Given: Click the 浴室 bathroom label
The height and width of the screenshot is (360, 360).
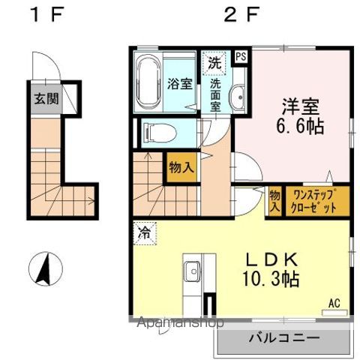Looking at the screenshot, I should pyautogui.click(x=180, y=83).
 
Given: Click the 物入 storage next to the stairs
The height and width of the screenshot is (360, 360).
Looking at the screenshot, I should pyautogui.click(x=181, y=166).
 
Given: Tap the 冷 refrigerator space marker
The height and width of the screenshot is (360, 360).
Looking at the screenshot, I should pyautogui.click(x=143, y=233).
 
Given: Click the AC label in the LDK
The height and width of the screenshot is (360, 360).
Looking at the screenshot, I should pyautogui.click(x=334, y=303).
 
